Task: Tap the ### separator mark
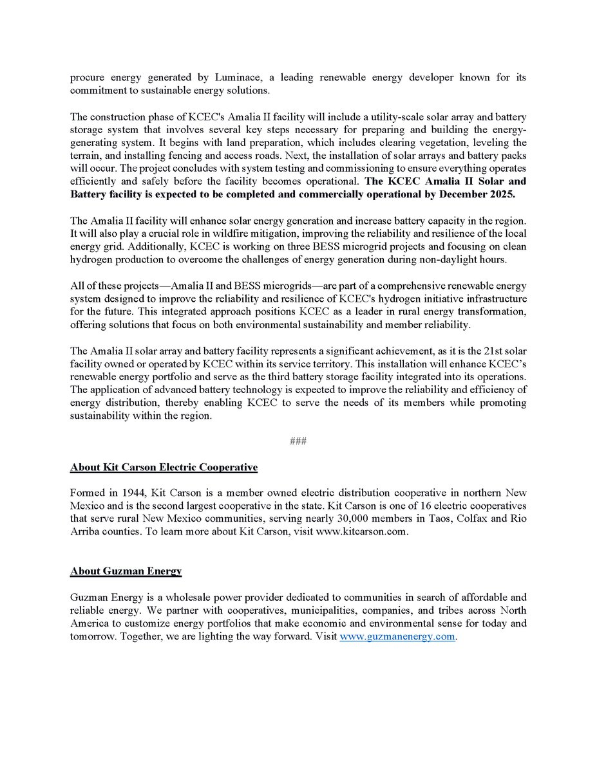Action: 298,441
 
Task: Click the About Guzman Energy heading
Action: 126,571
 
